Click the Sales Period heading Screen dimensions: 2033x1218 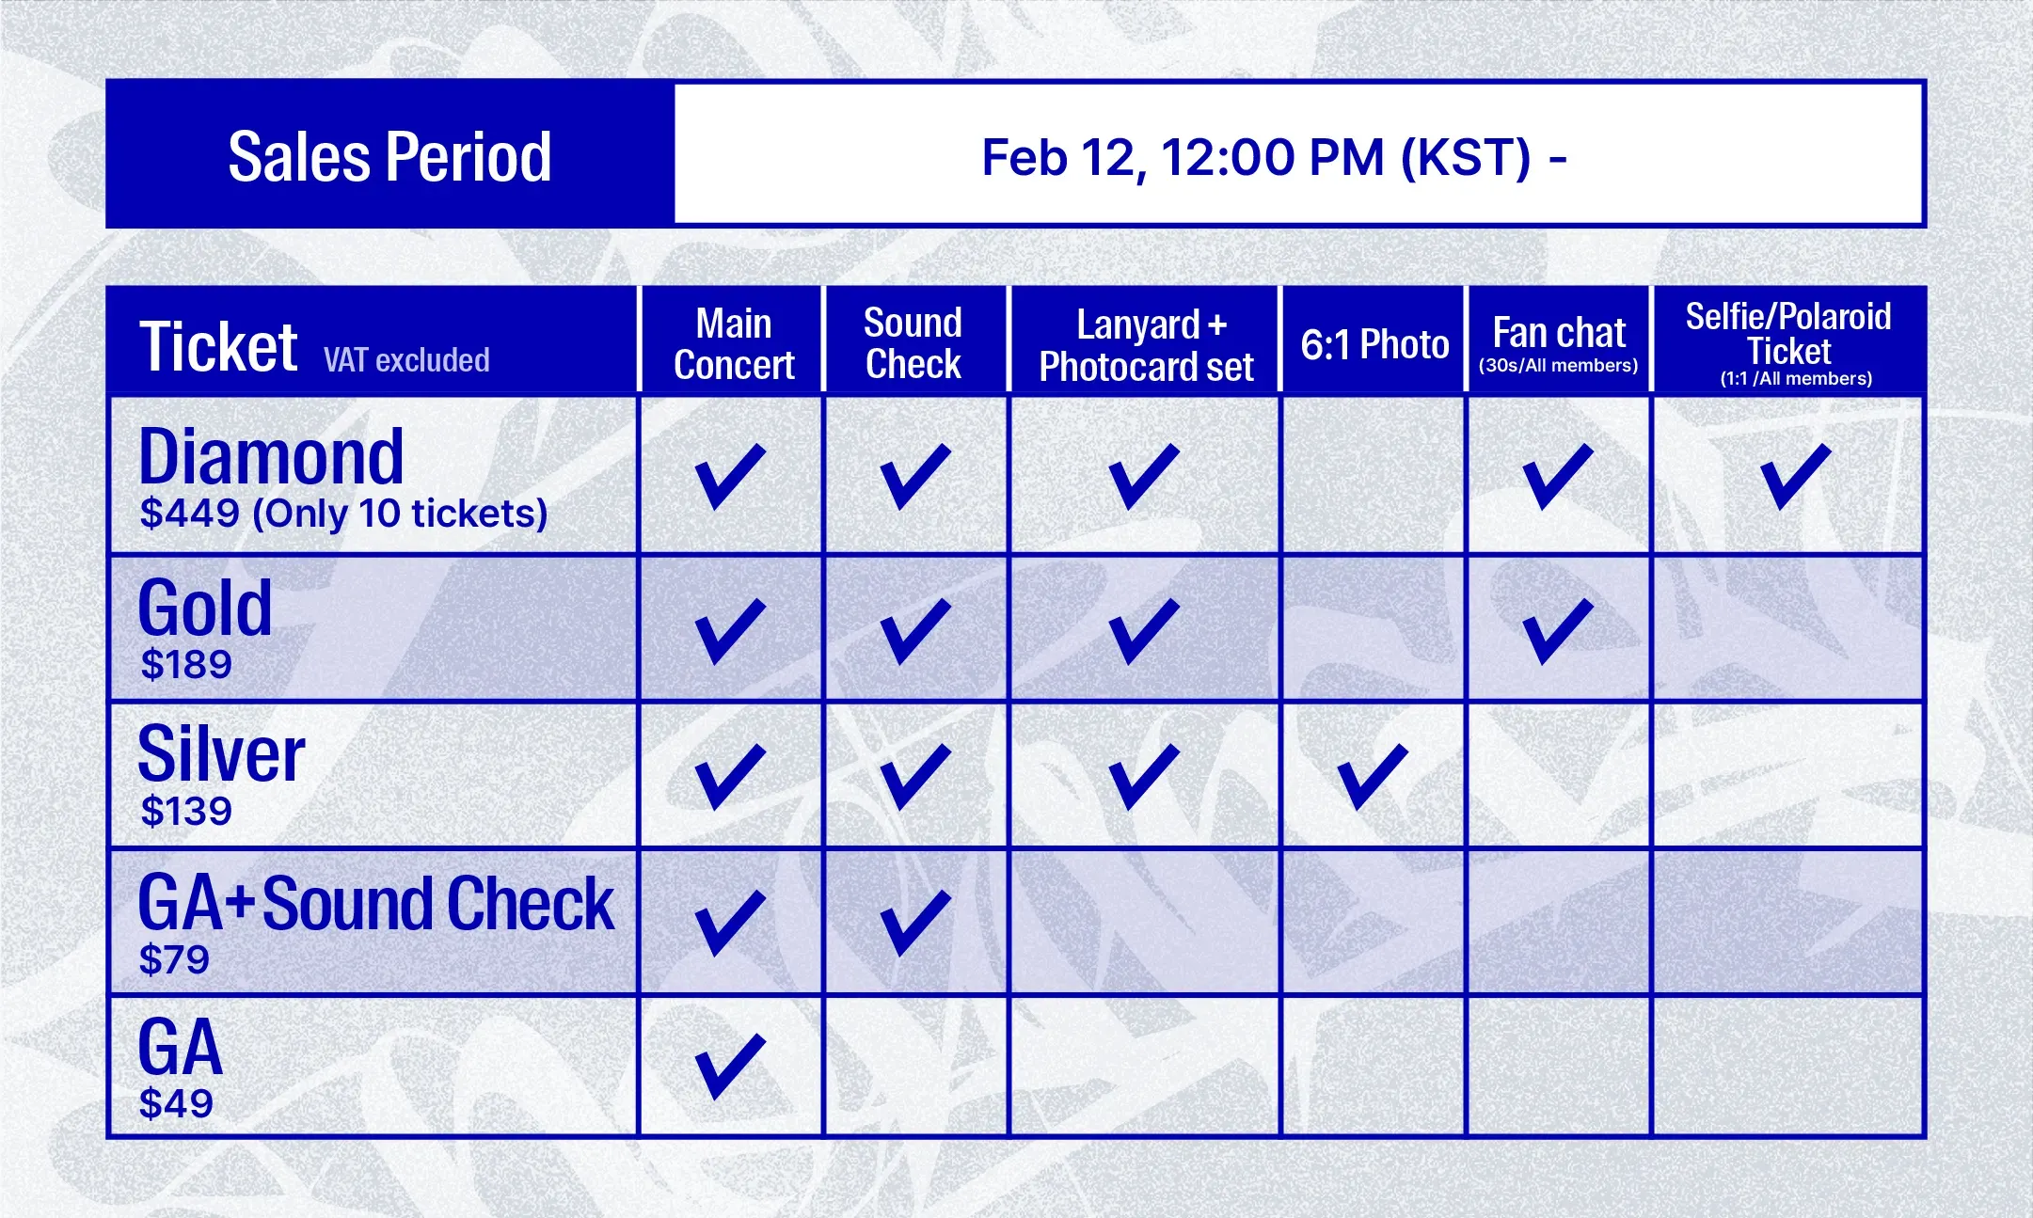coord(389,156)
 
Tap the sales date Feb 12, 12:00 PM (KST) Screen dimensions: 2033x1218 coord(1257,157)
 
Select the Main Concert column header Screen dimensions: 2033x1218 coord(734,344)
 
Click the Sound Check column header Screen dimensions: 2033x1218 coord(913,343)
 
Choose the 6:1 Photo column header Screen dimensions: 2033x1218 coord(1374,344)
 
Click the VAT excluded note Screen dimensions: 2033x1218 coord(406,360)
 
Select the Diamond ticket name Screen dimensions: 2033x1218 coord(271,456)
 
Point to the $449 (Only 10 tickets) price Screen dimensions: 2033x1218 coord(343,514)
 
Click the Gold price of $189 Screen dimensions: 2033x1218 coord(185,665)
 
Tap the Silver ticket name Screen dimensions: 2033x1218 coord(221,753)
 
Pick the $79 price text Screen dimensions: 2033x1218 coord(174,959)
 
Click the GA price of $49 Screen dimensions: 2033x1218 coord(176,1103)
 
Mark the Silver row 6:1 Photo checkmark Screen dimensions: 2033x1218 coord(1373,777)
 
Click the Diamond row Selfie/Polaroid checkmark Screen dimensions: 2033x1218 coord(1795,477)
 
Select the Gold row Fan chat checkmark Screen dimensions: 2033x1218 coord(1558,631)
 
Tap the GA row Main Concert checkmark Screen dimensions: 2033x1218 coord(730,1068)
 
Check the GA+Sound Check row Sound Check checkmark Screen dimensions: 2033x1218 coord(915,924)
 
